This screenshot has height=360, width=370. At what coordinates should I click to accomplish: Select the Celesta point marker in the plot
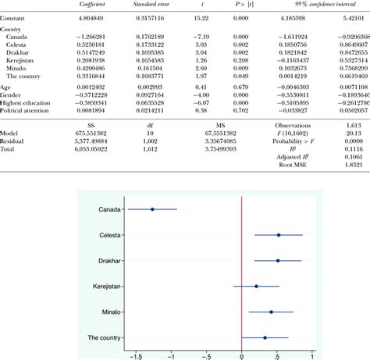(x=279, y=235)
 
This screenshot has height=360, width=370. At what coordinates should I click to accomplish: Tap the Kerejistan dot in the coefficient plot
(x=256, y=286)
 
